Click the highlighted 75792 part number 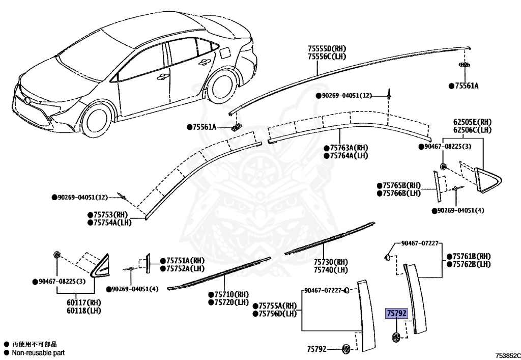pyautogui.click(x=396, y=314)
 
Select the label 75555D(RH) pyautogui.click(x=328, y=48)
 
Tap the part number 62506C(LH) pyautogui.click(x=472, y=130)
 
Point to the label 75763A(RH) pyautogui.click(x=349, y=148)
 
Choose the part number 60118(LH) pyautogui.click(x=80, y=310)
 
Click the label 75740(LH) pyautogui.click(x=331, y=270)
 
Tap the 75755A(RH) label pyautogui.click(x=277, y=306)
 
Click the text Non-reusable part pyautogui.click(x=38, y=352)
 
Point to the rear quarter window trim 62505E pyautogui.click(x=488, y=178)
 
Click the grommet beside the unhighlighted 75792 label pyautogui.click(x=346, y=349)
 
